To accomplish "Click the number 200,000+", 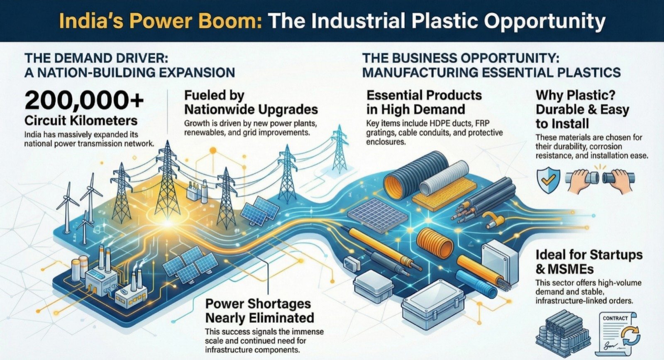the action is coord(84,101).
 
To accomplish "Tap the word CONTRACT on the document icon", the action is coord(615,318).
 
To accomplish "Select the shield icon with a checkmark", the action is coord(548,180).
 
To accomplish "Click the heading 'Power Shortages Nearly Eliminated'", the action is coord(259,311).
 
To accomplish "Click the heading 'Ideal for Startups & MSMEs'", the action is coord(589,262).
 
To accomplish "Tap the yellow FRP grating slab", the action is coord(444,194).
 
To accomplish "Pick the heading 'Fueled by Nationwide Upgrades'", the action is coord(251,102).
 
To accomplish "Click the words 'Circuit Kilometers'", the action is coord(81,121).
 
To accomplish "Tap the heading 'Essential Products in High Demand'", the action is coord(424,102).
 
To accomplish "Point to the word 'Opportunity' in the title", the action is coord(545,21).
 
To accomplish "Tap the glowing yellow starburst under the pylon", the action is coord(168,223).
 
